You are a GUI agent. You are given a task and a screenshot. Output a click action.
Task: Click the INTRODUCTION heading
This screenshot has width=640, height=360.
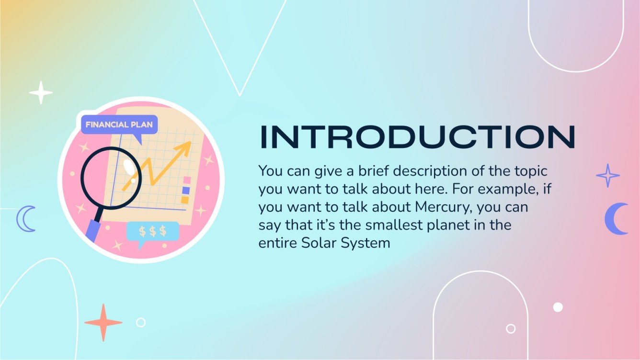click(x=417, y=137)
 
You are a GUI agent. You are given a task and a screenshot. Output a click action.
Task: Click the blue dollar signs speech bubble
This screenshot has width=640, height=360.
click(x=152, y=231)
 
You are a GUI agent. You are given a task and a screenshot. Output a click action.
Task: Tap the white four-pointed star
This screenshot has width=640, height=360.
click(x=41, y=92)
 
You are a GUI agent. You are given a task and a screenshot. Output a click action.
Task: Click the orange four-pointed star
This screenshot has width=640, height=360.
click(x=103, y=322)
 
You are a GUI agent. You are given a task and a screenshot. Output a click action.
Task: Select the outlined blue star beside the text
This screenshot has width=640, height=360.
click(x=608, y=176)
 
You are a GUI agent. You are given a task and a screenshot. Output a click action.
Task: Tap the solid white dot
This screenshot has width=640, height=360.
click(x=558, y=307)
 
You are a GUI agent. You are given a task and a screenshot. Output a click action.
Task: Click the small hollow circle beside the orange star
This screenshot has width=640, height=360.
click(x=140, y=322)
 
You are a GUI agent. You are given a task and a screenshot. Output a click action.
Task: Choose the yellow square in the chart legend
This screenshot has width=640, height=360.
click(x=185, y=200)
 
